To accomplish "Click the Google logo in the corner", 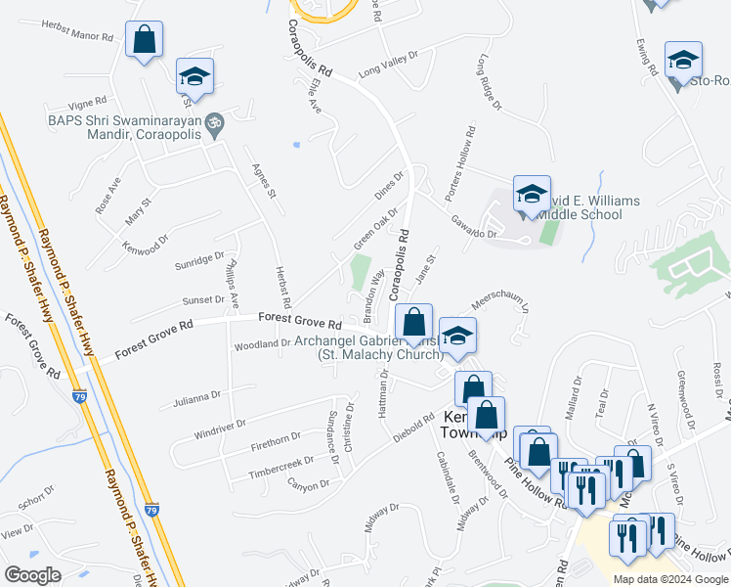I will [x=32, y=574].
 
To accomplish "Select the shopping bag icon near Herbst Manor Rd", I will [x=144, y=41].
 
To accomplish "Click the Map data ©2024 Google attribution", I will [x=669, y=579].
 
